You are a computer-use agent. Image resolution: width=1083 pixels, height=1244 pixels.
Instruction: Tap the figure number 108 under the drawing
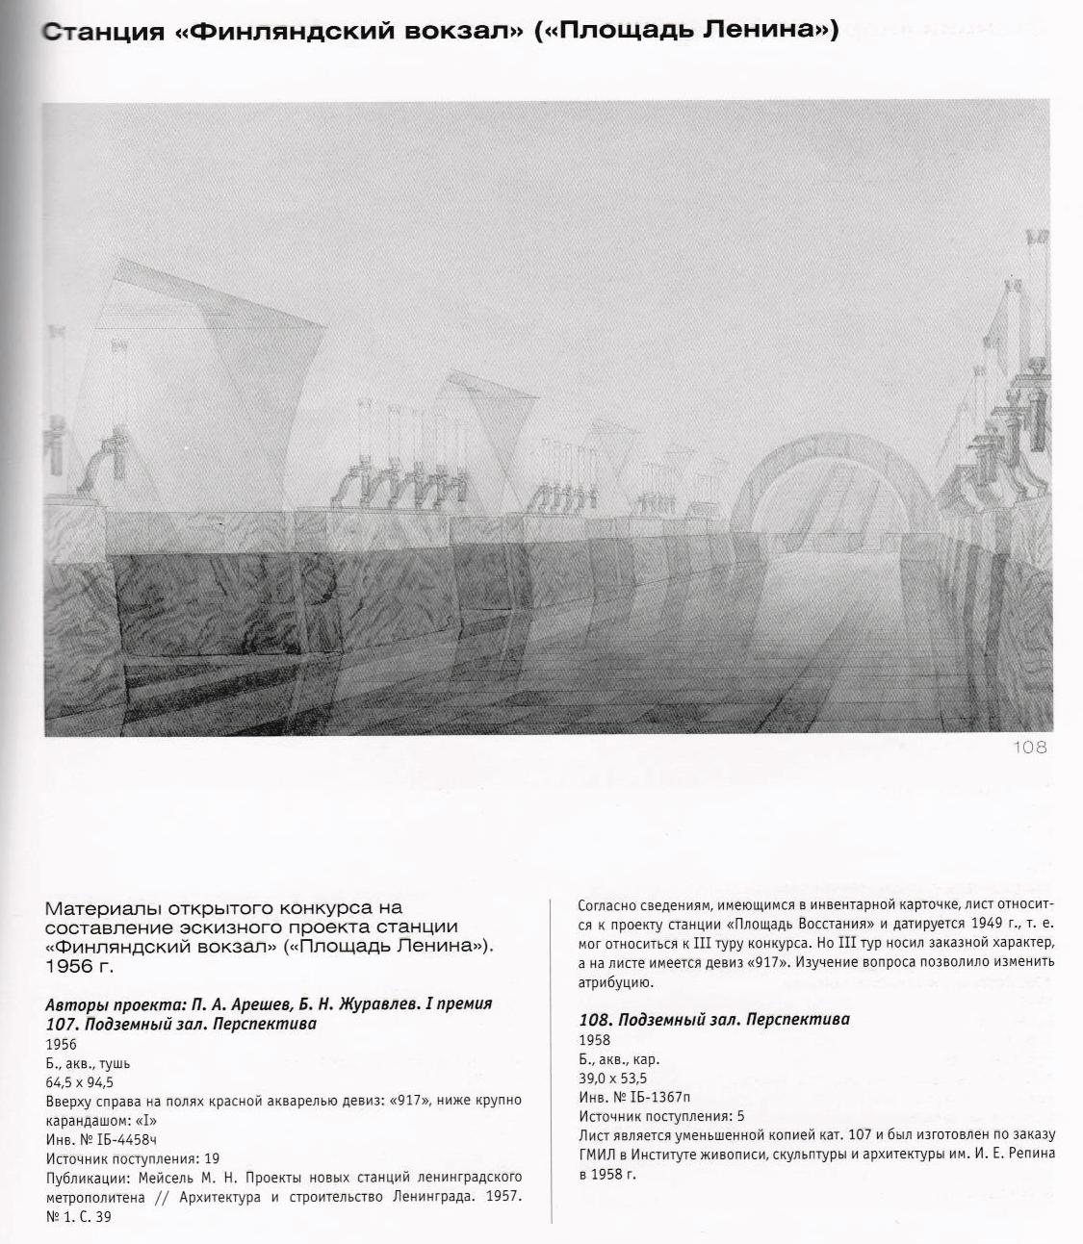tap(1028, 748)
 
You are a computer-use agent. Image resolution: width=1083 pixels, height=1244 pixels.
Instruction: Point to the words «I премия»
tap(453, 1004)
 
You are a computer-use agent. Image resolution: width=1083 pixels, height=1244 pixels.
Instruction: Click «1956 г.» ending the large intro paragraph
tap(80, 964)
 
